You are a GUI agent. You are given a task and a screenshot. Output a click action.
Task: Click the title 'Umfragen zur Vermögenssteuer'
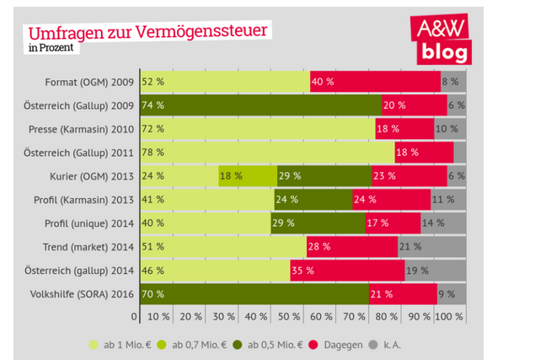click(x=148, y=32)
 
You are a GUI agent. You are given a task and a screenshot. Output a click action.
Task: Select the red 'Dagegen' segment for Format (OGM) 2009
click(x=375, y=82)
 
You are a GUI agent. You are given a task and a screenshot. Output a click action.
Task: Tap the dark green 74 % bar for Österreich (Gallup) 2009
click(x=259, y=105)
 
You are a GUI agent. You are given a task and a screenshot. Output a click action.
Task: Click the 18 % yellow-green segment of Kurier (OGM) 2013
click(x=247, y=176)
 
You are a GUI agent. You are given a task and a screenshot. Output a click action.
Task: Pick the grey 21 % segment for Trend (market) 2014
click(x=431, y=247)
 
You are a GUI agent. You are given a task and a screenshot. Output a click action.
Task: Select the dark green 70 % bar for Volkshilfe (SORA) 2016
click(x=254, y=294)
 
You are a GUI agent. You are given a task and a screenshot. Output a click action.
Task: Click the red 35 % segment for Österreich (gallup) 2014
click(x=346, y=271)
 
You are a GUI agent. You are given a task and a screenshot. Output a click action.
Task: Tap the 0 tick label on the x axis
click(x=134, y=317)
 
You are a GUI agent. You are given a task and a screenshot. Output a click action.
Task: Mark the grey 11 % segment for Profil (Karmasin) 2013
click(x=447, y=200)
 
